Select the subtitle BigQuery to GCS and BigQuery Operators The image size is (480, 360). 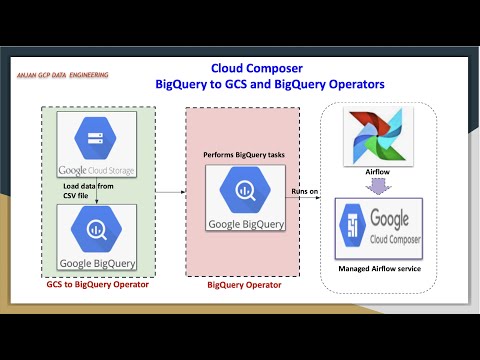point(263,86)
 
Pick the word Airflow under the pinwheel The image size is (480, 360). point(377,172)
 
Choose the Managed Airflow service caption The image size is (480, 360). point(377,269)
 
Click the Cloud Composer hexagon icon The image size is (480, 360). point(353,231)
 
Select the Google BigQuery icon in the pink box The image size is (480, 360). point(243,187)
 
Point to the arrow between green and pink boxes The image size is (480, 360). point(167,187)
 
